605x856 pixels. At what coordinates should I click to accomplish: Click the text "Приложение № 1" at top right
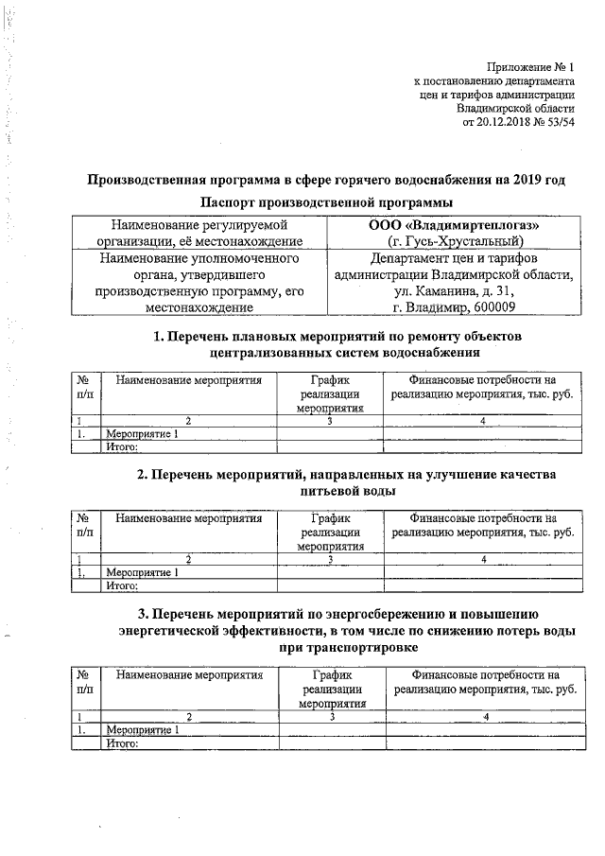pyautogui.click(x=530, y=67)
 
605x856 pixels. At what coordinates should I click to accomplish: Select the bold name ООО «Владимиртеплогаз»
pyautogui.click(x=453, y=224)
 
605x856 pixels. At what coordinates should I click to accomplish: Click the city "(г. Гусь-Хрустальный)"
pyautogui.click(x=453, y=241)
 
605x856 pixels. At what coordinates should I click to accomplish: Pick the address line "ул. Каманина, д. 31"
pyautogui.click(x=453, y=290)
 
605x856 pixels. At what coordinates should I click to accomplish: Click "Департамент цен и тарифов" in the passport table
pyautogui.click(x=453, y=257)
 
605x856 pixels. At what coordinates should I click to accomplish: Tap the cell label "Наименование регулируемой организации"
pyautogui.click(x=199, y=233)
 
